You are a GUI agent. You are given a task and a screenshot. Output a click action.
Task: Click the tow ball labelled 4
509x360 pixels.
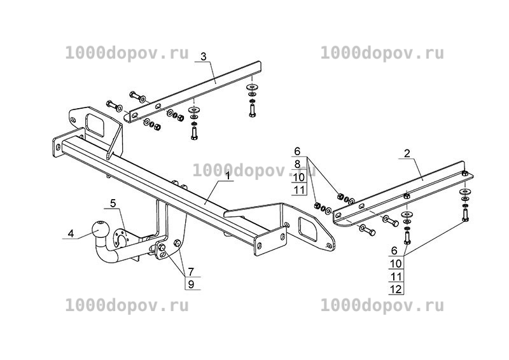point(99,230)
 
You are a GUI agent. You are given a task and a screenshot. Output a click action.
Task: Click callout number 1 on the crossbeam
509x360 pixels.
point(228,176)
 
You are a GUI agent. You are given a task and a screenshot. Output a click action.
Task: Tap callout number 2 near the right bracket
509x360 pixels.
point(407,153)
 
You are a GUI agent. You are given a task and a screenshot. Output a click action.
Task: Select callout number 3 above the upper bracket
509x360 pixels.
point(203,57)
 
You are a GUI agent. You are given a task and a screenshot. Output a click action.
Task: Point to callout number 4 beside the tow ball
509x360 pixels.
point(71,233)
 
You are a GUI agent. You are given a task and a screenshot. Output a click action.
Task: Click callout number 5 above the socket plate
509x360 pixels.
point(113,204)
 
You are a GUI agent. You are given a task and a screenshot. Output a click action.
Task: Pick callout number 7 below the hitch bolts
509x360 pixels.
point(191,272)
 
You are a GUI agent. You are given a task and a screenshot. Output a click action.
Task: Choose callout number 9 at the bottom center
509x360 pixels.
point(191,284)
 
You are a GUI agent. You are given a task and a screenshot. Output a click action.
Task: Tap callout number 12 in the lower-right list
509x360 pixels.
point(396,289)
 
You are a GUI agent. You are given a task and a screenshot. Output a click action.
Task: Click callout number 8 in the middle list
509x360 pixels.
point(297,164)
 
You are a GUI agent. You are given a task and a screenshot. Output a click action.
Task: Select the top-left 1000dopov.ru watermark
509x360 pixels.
point(127,53)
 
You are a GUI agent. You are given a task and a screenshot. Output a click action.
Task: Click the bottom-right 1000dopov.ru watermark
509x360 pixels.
point(382,305)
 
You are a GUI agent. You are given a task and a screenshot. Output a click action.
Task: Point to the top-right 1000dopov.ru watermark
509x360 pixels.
point(382,53)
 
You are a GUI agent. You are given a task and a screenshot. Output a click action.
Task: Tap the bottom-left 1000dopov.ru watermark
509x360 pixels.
point(127,305)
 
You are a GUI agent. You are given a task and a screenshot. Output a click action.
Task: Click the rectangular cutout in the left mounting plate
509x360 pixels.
point(95,124)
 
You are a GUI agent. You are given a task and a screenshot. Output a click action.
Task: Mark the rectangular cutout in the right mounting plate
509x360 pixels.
point(307,229)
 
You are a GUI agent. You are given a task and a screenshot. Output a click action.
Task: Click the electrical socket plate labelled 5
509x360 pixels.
point(120,239)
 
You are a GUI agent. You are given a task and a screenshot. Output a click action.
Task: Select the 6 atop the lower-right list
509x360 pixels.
point(394,251)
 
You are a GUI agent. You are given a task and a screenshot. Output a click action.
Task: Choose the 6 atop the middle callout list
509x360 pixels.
point(297,151)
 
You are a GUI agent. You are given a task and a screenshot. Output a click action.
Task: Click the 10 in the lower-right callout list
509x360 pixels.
point(396,263)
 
